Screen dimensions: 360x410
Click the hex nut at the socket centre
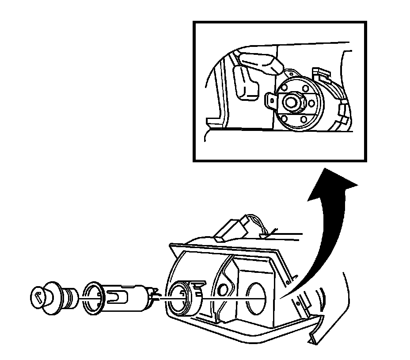tap(291, 102)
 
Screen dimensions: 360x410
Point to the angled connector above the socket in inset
tap(261, 62)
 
